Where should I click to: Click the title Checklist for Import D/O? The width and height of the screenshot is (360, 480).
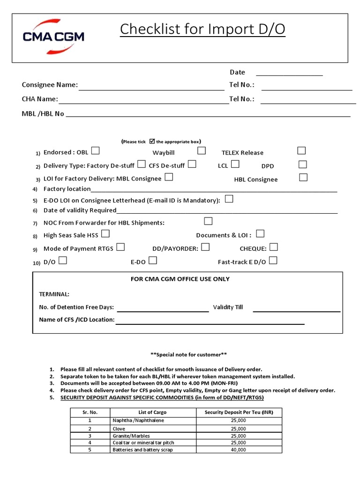click(202, 30)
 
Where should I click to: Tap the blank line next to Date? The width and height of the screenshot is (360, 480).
click(289, 73)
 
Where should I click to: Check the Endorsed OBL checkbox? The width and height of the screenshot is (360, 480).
click(96, 151)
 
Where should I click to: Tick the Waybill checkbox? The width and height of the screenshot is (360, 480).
click(202, 151)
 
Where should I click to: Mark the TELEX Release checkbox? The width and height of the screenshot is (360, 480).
click(301, 151)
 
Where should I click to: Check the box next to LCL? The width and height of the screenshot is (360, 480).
click(235, 164)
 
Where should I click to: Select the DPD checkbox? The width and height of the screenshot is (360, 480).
click(303, 165)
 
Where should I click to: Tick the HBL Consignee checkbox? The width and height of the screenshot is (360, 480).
click(303, 178)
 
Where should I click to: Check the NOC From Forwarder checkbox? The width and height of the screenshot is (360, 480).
click(208, 221)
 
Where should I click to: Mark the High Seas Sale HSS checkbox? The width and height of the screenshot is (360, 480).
click(105, 233)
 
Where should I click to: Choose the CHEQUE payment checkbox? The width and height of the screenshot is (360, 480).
click(274, 247)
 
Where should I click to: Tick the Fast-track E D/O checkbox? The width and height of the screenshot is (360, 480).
click(273, 261)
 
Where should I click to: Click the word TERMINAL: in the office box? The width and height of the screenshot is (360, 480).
click(54, 294)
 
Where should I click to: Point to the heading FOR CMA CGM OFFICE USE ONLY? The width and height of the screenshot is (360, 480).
click(180, 279)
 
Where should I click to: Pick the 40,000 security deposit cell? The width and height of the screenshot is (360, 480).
click(238, 450)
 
